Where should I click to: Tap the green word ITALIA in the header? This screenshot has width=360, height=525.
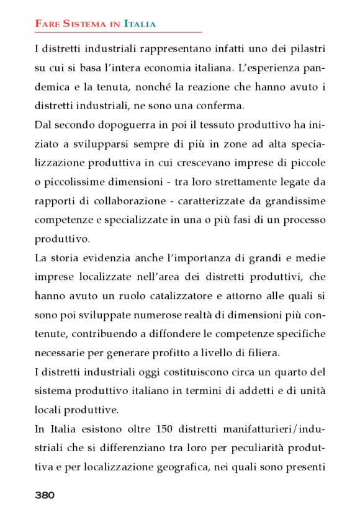(x=140, y=24)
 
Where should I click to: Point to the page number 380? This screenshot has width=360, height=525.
(x=45, y=495)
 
